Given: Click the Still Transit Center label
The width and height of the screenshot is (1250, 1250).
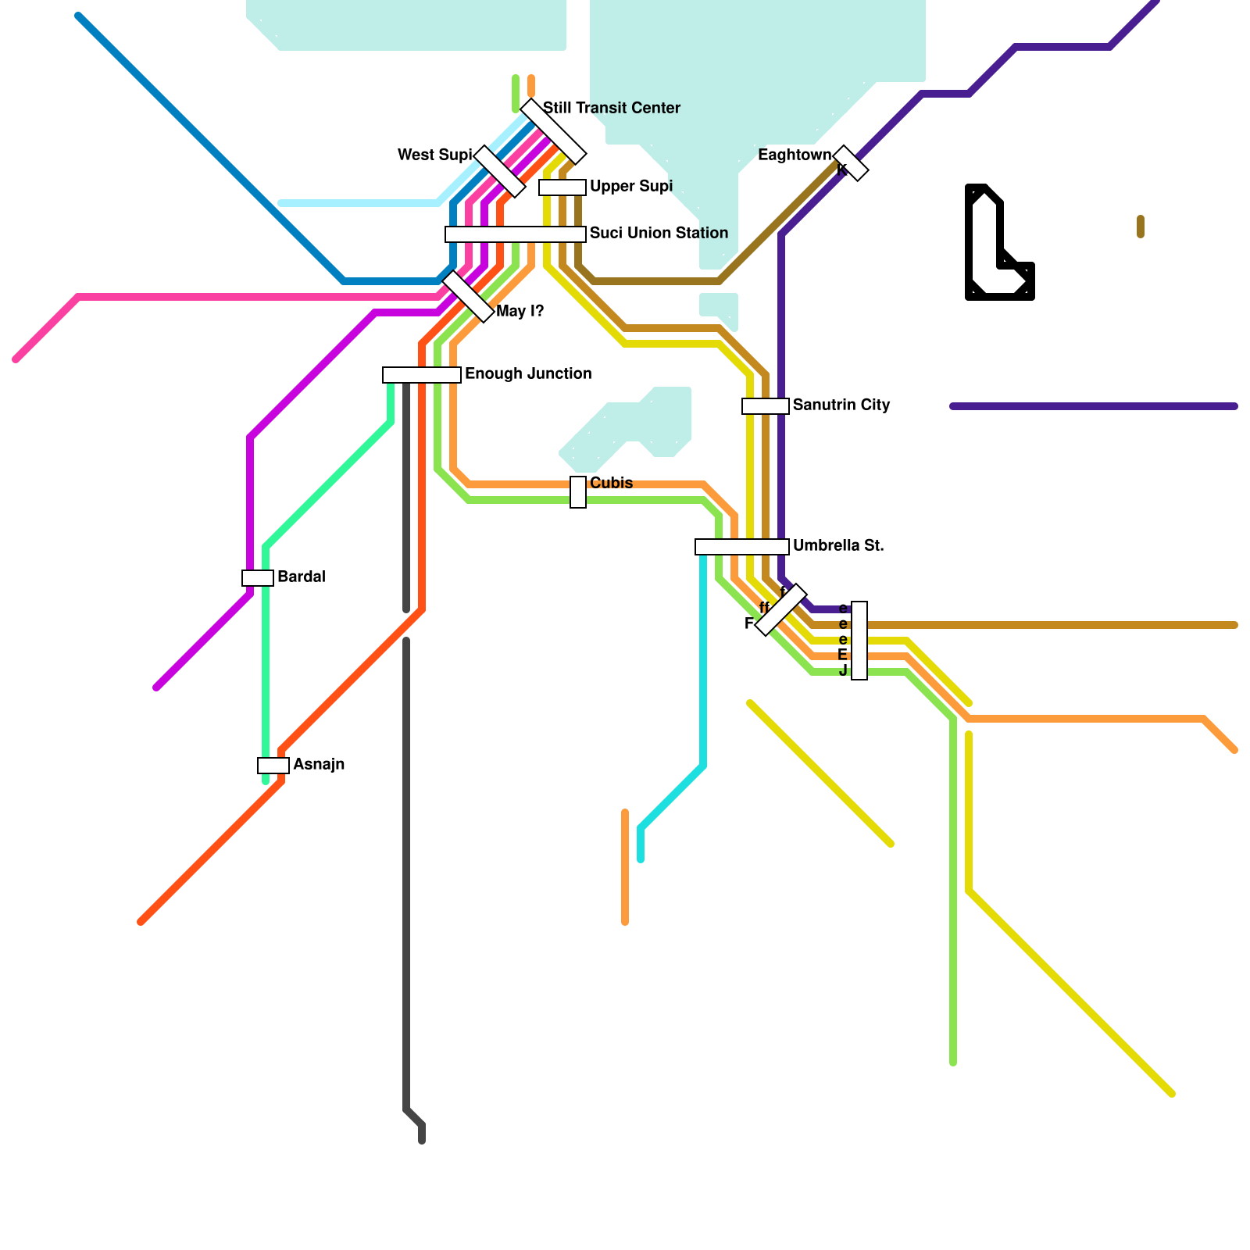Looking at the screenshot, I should pos(611,108).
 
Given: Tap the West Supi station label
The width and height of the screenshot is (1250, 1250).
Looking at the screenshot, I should pos(434,155).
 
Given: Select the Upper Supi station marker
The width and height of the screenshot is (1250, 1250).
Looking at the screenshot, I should pos(562,187).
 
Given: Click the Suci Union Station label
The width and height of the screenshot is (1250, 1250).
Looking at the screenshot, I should pos(659,233).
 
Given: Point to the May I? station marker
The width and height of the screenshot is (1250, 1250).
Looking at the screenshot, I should pos(468,296).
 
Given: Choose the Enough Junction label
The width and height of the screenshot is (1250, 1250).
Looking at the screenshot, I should pos(528,373).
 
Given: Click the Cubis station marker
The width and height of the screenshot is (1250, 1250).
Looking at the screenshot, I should pos(578,492).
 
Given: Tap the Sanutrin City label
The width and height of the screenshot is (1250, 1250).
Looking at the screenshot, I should pos(841,405).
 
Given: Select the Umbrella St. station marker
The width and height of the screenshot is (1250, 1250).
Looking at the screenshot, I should pos(741,547).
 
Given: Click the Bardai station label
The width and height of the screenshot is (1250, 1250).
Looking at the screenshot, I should pos(301,577).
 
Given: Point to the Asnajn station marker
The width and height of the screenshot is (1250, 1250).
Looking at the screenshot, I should pos(273,766).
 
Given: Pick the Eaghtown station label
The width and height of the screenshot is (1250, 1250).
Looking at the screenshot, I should pos(794,155).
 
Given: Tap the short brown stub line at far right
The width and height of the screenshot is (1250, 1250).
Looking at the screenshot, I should pos(1141,227).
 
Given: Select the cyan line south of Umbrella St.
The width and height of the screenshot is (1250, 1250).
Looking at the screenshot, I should pos(703,664).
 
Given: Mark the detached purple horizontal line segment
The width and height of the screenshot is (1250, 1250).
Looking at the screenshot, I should pos(1094,406).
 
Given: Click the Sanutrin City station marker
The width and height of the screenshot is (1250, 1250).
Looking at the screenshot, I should pos(765,406).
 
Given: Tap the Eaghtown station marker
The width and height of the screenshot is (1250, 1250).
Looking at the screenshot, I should pos(851,163).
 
